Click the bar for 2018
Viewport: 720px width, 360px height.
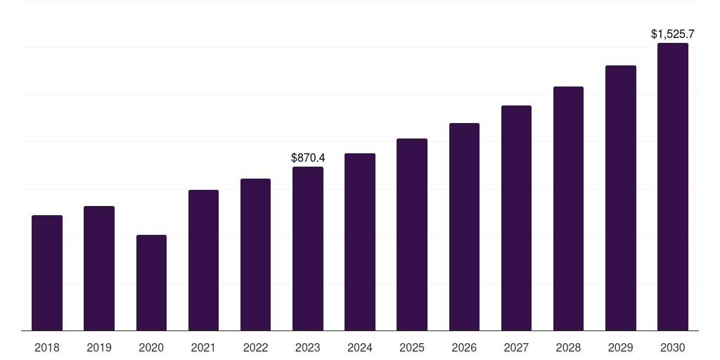(47, 273)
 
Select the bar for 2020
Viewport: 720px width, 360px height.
(151, 283)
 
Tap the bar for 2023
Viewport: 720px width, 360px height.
(308, 248)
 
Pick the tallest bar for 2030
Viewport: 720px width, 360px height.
(673, 186)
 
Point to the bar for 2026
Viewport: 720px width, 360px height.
(464, 226)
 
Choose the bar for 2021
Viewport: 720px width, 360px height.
(203, 260)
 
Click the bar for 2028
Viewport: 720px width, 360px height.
(568, 208)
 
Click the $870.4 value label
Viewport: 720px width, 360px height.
(308, 158)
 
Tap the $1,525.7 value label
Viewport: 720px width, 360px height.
(673, 34)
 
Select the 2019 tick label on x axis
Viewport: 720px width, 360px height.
(99, 347)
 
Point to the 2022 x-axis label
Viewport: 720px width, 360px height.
(255, 347)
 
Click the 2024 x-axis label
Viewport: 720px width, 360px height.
(360, 347)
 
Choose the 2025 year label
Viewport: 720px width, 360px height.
(412, 347)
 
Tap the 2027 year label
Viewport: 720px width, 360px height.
(516, 347)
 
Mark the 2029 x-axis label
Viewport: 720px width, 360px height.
(620, 347)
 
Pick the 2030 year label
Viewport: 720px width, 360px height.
(673, 347)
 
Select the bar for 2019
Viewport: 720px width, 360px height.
(99, 268)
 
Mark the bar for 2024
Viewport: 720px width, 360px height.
(360, 242)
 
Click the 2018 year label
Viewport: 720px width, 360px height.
(47, 347)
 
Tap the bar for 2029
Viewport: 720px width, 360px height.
(620, 198)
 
